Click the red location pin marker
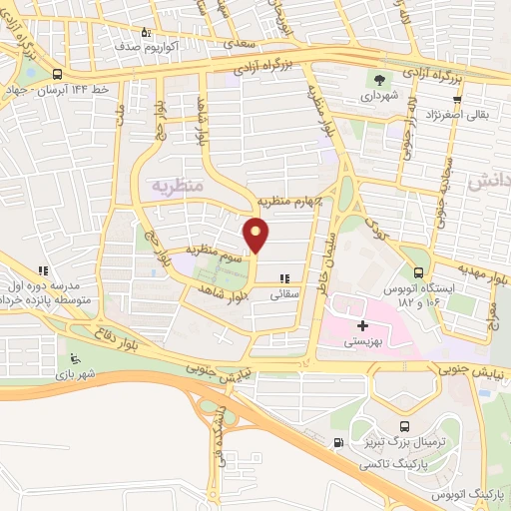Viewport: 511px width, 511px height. pos(256,236)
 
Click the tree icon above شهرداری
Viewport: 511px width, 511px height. pos(380,78)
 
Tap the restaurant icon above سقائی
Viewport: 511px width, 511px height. pos(284,278)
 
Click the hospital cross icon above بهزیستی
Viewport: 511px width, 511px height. pos(362,325)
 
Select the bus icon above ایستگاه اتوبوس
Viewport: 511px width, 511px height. pos(418,272)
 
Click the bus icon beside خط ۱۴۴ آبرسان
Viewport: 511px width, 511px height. pos(56,74)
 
